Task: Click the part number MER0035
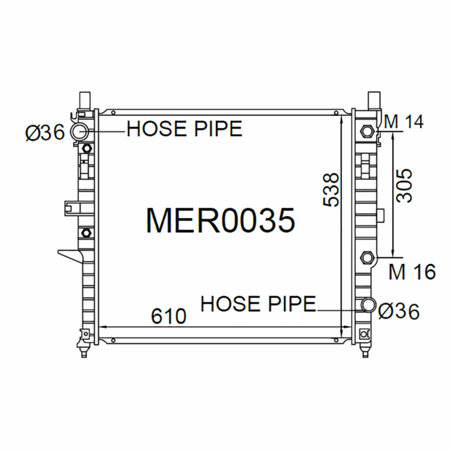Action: [x=221, y=220]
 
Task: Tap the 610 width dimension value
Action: [x=169, y=316]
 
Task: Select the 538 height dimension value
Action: [x=331, y=190]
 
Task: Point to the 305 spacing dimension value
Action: [x=404, y=186]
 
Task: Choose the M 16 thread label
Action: [x=412, y=272]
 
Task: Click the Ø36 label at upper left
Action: [x=45, y=133]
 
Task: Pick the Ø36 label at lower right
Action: [x=399, y=311]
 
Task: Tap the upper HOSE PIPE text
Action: [x=185, y=129]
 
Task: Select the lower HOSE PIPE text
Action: [x=258, y=303]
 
